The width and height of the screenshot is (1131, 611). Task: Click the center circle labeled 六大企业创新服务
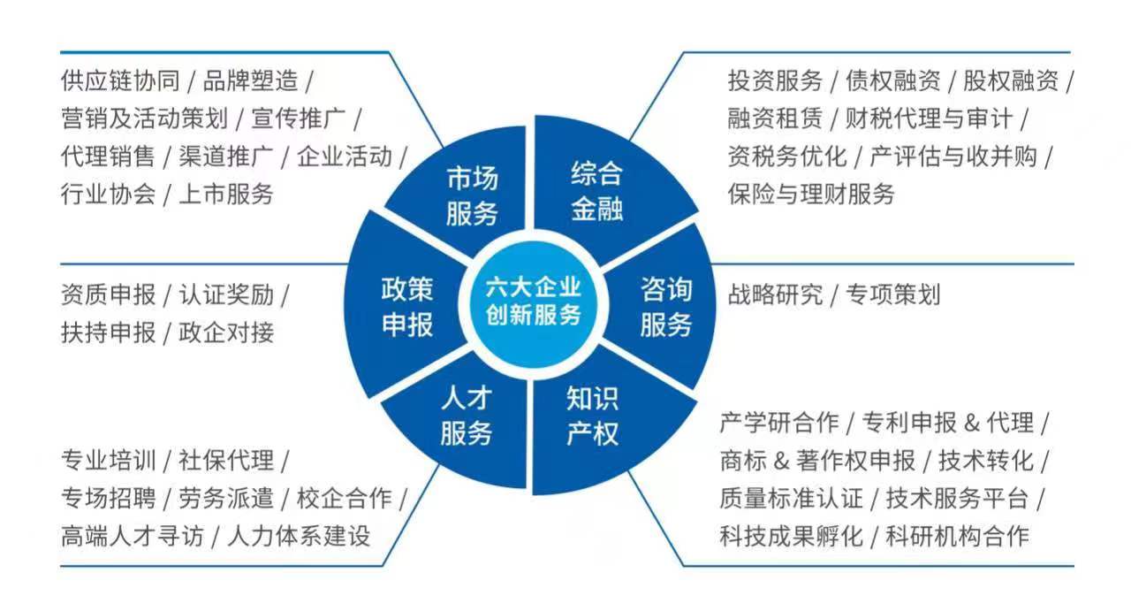532,302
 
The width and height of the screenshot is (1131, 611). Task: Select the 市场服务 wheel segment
472,195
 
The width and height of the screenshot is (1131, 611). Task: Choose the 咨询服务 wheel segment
665,307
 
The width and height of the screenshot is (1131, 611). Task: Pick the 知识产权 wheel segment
593,416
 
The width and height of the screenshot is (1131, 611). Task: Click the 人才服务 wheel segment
466,416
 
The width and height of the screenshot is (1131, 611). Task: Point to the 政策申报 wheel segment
406,307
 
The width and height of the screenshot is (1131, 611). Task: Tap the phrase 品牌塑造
250,80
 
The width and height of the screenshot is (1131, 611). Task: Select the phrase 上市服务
226,193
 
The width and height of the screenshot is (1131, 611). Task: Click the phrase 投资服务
775,80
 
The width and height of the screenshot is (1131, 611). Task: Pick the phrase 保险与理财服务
811,193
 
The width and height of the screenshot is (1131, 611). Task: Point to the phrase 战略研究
775,294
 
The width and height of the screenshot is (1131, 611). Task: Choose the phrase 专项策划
892,294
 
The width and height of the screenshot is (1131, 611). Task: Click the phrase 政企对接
226,332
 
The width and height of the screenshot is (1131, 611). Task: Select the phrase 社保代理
226,460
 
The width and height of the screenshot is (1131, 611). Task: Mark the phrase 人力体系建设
299,535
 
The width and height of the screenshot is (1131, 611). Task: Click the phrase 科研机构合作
957,535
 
